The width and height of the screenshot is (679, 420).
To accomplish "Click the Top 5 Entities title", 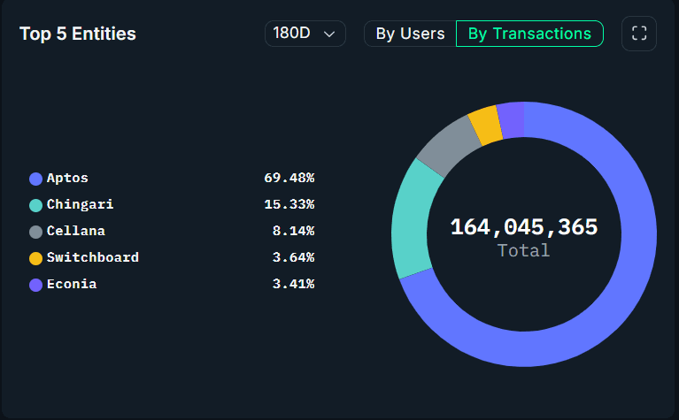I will (x=78, y=34).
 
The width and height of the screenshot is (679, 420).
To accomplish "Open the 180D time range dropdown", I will (x=305, y=34).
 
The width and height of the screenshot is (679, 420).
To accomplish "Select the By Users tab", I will (x=410, y=34).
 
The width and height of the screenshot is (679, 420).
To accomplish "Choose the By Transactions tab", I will (x=529, y=34).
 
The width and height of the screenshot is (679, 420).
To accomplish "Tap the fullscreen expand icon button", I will (x=639, y=34).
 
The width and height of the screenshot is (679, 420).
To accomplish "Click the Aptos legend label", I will (x=67, y=178).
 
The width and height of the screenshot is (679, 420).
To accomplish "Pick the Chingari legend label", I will (x=80, y=204).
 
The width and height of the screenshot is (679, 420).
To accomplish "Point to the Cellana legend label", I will (x=76, y=231).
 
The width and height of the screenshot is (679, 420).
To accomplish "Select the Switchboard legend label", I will (x=92, y=257).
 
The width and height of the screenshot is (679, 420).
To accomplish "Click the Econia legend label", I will (x=72, y=284).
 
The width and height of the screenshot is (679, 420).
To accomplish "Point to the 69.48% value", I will (x=289, y=178).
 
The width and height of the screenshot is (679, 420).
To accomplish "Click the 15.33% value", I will (x=289, y=204).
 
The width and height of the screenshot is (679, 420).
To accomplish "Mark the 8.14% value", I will (x=293, y=231).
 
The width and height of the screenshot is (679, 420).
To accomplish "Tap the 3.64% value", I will (x=293, y=257).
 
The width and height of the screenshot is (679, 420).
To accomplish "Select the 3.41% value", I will (x=293, y=284).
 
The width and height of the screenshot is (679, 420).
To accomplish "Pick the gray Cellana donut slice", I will (x=447, y=145).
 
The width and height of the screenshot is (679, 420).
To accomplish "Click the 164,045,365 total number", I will (x=524, y=227).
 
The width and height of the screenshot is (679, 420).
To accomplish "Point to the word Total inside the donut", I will (x=524, y=250).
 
